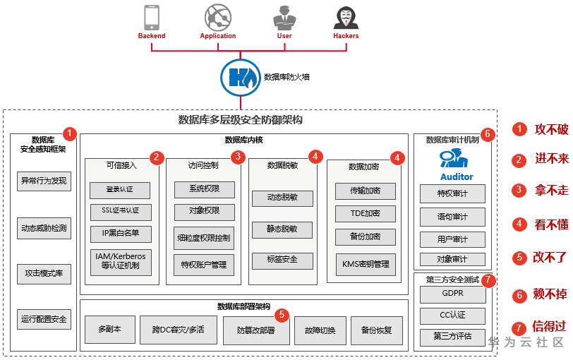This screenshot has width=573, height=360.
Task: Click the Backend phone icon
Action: click(152, 17)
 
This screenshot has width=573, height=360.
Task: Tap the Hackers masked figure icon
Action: click(346, 17)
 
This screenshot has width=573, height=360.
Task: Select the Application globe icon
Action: click(218, 17)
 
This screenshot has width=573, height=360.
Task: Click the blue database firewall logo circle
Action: click(241, 78)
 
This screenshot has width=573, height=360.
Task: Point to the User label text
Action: click(284, 36)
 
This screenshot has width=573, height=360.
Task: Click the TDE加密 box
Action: click(365, 213)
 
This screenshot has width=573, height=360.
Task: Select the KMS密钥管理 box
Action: click(366, 264)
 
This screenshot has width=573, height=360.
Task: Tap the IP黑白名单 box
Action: click(121, 234)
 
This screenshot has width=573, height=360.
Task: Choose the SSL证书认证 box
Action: click(121, 211)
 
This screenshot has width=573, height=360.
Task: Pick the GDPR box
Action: click(453, 294)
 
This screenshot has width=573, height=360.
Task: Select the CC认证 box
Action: click(453, 316)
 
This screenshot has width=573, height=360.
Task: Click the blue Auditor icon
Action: click(454, 158)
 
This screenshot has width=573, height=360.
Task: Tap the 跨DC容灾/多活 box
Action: click(179, 330)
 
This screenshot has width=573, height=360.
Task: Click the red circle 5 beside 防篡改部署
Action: click(282, 315)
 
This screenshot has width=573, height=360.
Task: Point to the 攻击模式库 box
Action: click(44, 274)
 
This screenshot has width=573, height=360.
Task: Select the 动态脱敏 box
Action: click(282, 198)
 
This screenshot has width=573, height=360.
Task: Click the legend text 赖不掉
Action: click(550, 294)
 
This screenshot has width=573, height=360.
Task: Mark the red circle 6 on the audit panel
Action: click(488, 135)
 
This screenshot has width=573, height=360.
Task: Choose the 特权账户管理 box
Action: click(203, 265)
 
